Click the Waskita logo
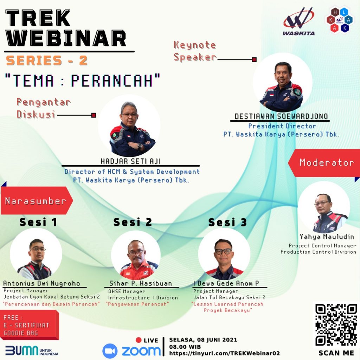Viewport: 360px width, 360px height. point(299,21)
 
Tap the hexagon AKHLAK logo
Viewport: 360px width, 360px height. point(340,20)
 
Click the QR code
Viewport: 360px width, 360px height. point(336,324)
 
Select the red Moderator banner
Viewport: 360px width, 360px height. point(324,163)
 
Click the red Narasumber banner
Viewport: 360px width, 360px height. point(37,200)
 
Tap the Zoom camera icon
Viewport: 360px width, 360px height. point(110,351)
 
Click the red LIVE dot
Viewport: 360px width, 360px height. point(139,340)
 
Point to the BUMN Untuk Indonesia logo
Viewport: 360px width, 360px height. point(32,351)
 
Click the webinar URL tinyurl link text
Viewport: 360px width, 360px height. point(224,353)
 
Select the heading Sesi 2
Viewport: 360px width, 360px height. point(133,222)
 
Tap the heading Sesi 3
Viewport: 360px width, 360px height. point(227,222)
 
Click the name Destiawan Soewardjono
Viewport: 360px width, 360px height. point(281,116)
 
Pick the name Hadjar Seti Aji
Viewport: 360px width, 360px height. point(131,161)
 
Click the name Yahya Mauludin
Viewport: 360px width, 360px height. point(327,237)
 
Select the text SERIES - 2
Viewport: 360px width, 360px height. point(47,60)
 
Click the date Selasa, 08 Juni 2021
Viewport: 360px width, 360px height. point(203,340)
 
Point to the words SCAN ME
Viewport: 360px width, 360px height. point(336,353)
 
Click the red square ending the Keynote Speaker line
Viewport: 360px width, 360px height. point(254,60)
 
